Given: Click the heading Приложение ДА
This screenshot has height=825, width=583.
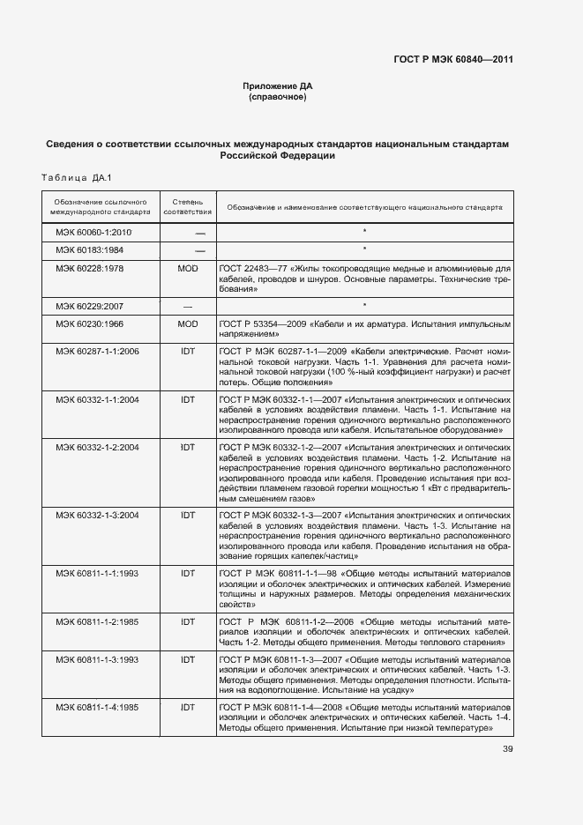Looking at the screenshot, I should [x=278, y=86].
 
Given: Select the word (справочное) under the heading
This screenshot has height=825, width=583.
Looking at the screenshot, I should [x=278, y=98].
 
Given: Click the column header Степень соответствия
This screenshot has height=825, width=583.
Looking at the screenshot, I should [x=187, y=207].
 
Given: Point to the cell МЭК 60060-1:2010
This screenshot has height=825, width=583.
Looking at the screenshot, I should [x=93, y=233].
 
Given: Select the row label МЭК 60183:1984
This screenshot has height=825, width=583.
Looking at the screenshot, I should [x=92, y=249].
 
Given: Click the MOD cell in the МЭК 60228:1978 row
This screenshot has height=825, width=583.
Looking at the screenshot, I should [x=187, y=267].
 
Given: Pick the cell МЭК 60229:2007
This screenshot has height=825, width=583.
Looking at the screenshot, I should [x=92, y=306].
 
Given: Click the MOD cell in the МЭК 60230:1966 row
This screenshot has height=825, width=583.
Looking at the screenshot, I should [x=187, y=323].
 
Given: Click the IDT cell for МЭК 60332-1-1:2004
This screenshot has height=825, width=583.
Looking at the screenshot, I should [x=187, y=399].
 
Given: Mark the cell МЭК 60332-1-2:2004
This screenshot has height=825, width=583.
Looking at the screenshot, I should [x=97, y=448].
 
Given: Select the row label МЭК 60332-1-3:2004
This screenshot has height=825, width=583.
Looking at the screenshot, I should [x=97, y=514].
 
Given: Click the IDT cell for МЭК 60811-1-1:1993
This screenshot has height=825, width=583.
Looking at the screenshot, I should [x=187, y=573].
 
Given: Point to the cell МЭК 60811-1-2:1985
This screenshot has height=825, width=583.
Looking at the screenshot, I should [x=97, y=621].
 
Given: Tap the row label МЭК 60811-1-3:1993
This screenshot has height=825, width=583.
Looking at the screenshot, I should [x=97, y=659].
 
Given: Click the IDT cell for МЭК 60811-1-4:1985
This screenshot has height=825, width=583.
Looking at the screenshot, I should [x=187, y=708].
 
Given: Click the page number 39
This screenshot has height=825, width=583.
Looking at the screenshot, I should [x=507, y=750].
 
